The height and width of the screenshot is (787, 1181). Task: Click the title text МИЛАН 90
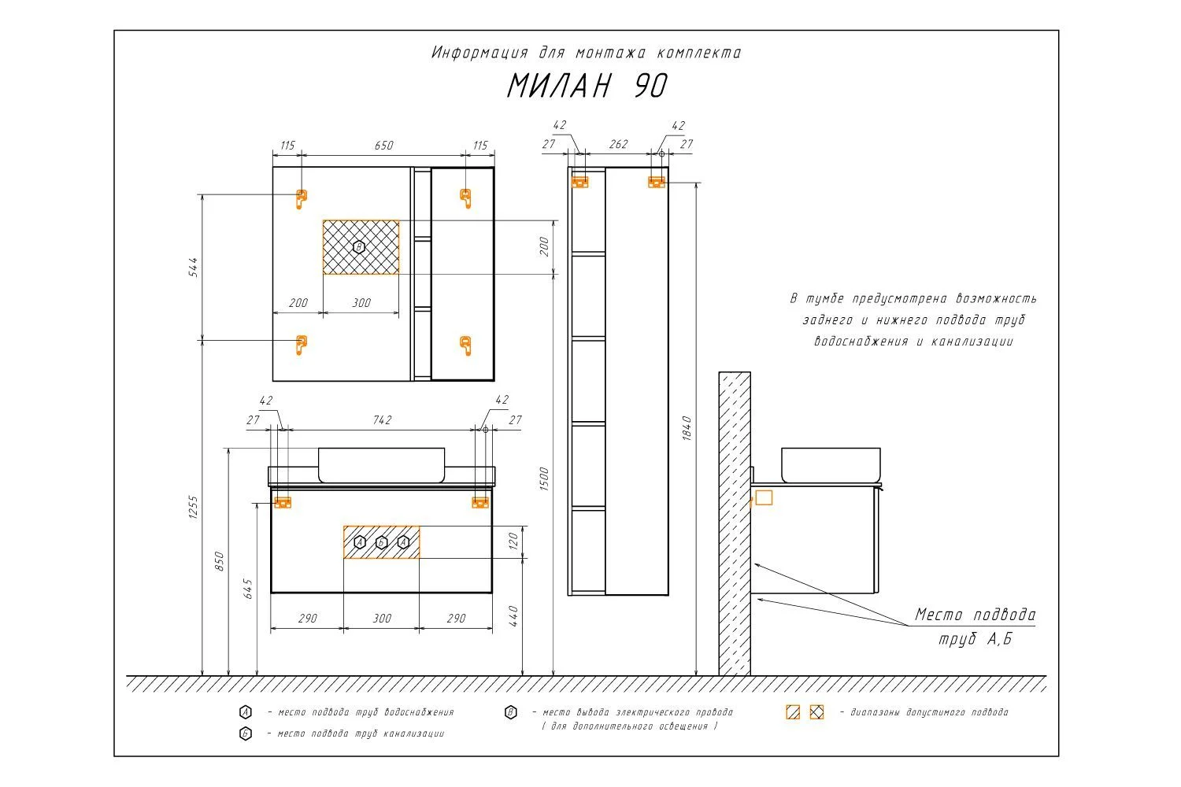pos(587,86)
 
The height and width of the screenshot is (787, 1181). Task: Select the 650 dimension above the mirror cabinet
pos(384,146)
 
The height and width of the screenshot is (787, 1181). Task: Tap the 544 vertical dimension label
pos(194,268)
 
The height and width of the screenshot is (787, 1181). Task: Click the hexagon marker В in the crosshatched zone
pos(359,246)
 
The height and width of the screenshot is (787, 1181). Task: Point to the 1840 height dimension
pos(687,428)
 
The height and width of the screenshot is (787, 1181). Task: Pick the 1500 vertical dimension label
pos(544,478)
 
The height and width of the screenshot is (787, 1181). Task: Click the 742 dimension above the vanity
pos(382,420)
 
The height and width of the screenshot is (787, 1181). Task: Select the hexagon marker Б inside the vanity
pos(382,542)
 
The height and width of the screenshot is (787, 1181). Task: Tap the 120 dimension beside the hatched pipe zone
pos(513,541)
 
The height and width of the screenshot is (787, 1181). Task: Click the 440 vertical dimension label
pos(513,616)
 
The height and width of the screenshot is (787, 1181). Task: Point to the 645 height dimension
pos(247,589)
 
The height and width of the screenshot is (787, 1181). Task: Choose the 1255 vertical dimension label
pos(193,507)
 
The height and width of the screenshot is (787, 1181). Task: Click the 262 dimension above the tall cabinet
pos(618,145)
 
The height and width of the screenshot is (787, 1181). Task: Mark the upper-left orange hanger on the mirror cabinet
pos(301,199)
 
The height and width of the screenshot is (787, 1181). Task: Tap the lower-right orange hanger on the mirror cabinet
pos(465,345)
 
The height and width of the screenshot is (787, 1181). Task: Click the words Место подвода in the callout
pos(975,615)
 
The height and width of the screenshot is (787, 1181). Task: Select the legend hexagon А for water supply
pos(246,713)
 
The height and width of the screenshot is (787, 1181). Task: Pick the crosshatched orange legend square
pos(816,712)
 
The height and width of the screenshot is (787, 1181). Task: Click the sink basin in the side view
pos(831,465)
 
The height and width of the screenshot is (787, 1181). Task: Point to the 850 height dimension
pos(220,561)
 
